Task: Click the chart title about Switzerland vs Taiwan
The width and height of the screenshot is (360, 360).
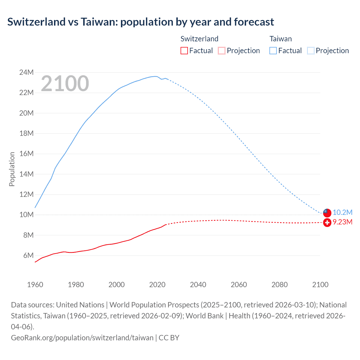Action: click(x=141, y=22)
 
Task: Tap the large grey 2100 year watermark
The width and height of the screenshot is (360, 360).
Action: click(x=65, y=84)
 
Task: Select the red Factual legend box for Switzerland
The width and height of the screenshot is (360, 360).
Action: click(x=184, y=51)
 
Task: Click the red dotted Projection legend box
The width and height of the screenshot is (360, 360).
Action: click(x=222, y=51)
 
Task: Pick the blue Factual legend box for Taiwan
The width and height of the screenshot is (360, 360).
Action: click(x=273, y=51)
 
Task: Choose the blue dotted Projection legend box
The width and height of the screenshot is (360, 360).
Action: click(x=311, y=51)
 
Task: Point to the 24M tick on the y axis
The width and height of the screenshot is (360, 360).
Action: click(x=26, y=73)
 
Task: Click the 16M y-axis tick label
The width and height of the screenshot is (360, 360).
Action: click(x=26, y=154)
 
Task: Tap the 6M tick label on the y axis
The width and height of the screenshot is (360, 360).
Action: click(x=28, y=255)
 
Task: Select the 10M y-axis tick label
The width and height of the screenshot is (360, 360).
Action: click(x=26, y=215)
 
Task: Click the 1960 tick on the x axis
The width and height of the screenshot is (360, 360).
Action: click(x=35, y=285)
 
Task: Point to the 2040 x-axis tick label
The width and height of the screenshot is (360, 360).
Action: click(x=198, y=285)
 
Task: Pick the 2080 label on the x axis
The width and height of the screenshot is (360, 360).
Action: click(x=280, y=285)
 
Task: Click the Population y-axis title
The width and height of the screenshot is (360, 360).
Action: click(x=12, y=169)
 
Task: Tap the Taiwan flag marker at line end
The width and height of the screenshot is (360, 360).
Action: click(x=327, y=212)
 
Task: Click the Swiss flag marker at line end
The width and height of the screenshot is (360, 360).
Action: click(x=327, y=222)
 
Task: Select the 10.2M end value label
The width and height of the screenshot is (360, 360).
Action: click(x=343, y=212)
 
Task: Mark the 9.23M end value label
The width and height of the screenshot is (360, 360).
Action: click(x=343, y=222)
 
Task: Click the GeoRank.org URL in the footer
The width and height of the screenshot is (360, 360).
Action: click(x=82, y=337)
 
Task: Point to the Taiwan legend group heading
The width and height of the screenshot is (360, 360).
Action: click(x=280, y=39)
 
